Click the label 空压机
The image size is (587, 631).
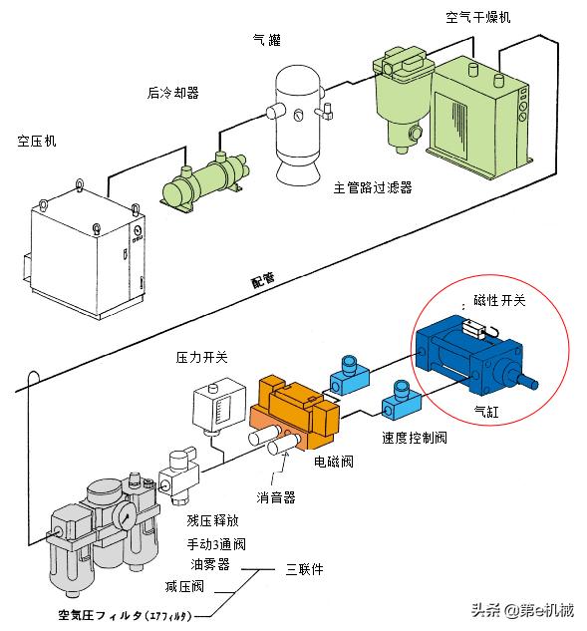click(x=37, y=141)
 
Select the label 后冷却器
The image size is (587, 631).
click(x=172, y=94)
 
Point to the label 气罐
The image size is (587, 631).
click(x=267, y=40)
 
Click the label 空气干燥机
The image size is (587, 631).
click(x=478, y=18)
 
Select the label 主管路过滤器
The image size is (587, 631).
click(x=372, y=186)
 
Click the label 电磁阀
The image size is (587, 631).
click(x=333, y=463)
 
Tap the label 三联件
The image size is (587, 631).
click(x=305, y=569)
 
